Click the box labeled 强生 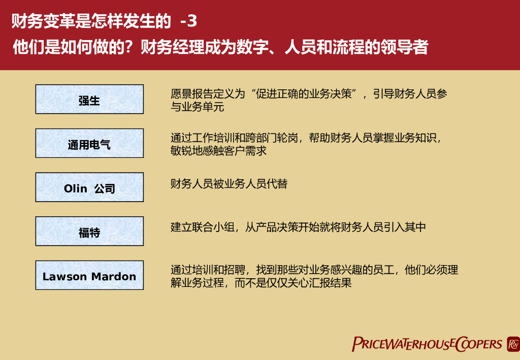[x=89, y=99]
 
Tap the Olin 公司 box [x=89, y=187]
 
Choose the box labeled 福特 [x=89, y=231]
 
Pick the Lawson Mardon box [x=89, y=275]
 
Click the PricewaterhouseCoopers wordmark [x=427, y=344]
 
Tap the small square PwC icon [x=512, y=344]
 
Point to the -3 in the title [x=188, y=21]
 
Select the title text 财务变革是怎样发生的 [x=91, y=21]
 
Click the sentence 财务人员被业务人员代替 [x=229, y=183]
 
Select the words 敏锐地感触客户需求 [x=218, y=151]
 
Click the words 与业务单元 [x=197, y=107]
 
